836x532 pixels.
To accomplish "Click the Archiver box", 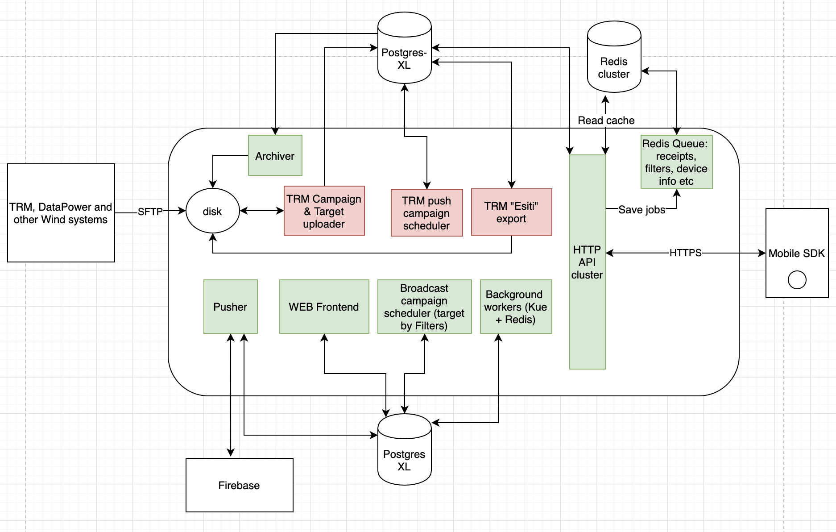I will tap(275, 155).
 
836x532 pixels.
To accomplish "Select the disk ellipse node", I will tap(212, 211).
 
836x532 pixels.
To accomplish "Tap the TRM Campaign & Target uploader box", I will tap(324, 211).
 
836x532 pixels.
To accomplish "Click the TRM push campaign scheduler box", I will tap(426, 213).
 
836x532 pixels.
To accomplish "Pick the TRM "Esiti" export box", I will tap(511, 212).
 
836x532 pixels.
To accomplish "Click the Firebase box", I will tap(239, 485).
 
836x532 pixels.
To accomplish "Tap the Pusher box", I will tap(230, 307).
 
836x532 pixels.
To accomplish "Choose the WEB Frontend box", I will tap(324, 307).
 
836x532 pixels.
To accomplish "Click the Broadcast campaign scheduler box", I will tap(424, 307).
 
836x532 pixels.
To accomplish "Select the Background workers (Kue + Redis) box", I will tap(516, 307).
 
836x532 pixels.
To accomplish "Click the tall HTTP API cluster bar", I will tap(587, 262).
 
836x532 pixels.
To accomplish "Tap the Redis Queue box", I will tap(676, 162).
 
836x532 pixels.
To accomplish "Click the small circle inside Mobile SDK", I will tap(797, 280).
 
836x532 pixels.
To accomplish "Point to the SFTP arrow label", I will tap(150, 212).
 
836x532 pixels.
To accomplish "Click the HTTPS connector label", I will tap(685, 253).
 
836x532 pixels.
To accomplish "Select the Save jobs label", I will tap(641, 210).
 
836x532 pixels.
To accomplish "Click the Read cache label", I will tap(606, 121).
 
